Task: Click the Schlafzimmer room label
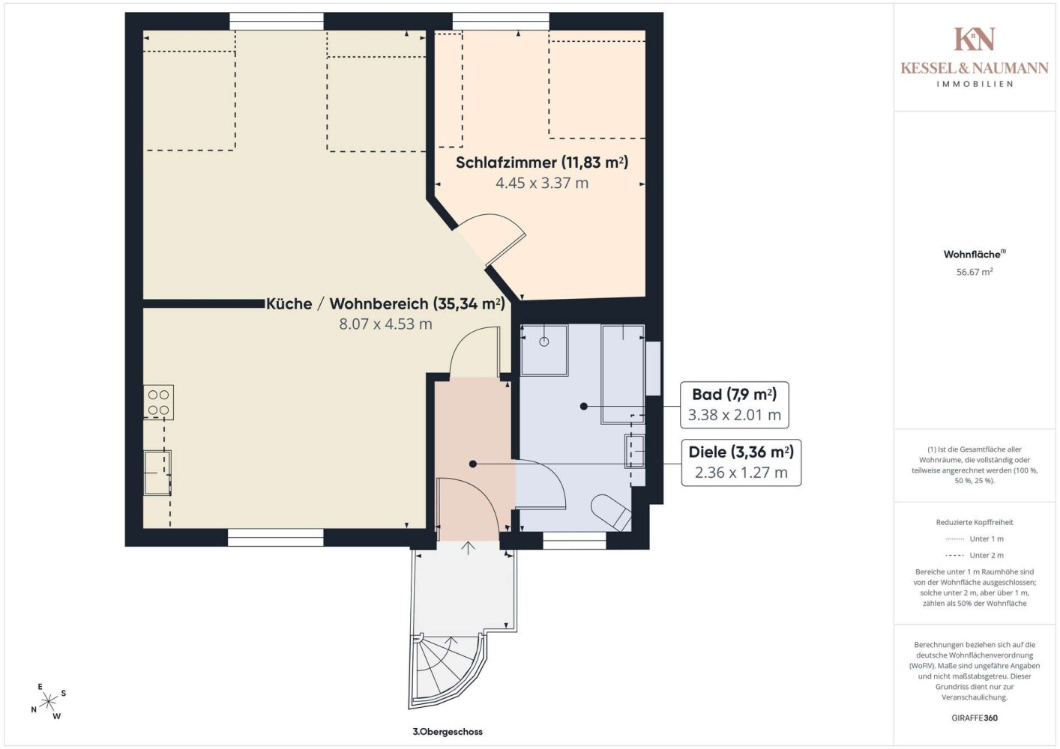point(542,163)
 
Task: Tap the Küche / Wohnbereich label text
point(385,303)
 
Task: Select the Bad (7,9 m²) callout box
point(734,404)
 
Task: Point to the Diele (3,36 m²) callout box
point(741,462)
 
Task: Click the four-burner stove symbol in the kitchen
point(158,402)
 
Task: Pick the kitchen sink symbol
point(157,473)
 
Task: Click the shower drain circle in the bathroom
point(543,342)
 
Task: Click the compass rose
point(48,701)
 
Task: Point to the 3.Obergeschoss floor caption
point(448,732)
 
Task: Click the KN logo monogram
point(974,39)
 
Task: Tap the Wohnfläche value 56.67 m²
point(975,272)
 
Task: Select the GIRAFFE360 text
point(975,718)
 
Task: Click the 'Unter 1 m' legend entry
point(975,539)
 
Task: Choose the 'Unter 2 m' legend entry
point(975,555)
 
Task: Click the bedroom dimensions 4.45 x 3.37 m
point(542,183)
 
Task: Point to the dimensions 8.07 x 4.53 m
point(385,324)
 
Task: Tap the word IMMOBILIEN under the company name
point(975,84)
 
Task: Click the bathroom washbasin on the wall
point(635,452)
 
